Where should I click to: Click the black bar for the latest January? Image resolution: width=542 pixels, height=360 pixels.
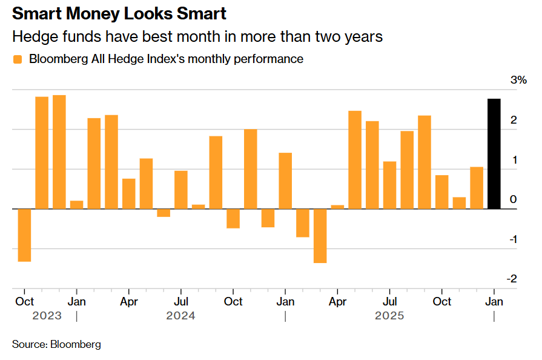[494, 154]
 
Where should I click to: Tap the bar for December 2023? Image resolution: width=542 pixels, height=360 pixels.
[59, 152]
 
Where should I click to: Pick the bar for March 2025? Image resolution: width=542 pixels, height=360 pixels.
[320, 236]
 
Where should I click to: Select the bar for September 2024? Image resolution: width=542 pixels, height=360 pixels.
[216, 173]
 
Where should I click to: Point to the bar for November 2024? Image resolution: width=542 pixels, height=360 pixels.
[251, 169]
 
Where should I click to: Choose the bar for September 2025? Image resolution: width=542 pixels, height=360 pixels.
[425, 162]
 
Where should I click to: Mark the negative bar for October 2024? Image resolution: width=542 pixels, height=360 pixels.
[233, 219]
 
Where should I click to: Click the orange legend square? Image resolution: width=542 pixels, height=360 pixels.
[17, 59]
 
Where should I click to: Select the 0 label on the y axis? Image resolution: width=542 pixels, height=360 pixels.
[513, 199]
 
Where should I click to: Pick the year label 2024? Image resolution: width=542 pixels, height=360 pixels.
[180, 316]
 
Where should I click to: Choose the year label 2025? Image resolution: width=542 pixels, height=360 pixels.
[389, 316]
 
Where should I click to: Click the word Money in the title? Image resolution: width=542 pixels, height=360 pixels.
[87, 13]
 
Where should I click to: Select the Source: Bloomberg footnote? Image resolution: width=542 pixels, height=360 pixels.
[56, 344]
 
